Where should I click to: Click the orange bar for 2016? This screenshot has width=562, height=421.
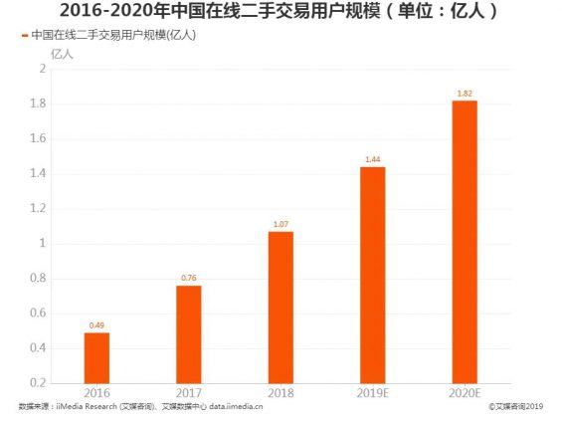point(96,357)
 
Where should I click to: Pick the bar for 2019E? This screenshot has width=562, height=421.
point(372,274)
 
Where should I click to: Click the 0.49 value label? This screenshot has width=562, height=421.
point(96,325)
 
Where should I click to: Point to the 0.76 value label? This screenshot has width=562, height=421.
point(189,279)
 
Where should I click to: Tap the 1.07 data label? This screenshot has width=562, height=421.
point(281,224)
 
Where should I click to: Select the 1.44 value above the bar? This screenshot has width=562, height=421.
point(372,159)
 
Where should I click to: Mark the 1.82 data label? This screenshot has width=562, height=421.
point(465,94)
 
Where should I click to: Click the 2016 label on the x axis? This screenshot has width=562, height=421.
point(96,393)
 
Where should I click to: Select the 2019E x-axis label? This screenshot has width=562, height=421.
point(372,393)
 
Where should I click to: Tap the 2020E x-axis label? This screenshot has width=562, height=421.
point(465,393)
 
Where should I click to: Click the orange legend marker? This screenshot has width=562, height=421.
point(24,35)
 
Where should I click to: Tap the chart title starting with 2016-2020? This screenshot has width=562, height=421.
point(281,12)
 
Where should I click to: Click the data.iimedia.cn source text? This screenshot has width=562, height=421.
point(235,407)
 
